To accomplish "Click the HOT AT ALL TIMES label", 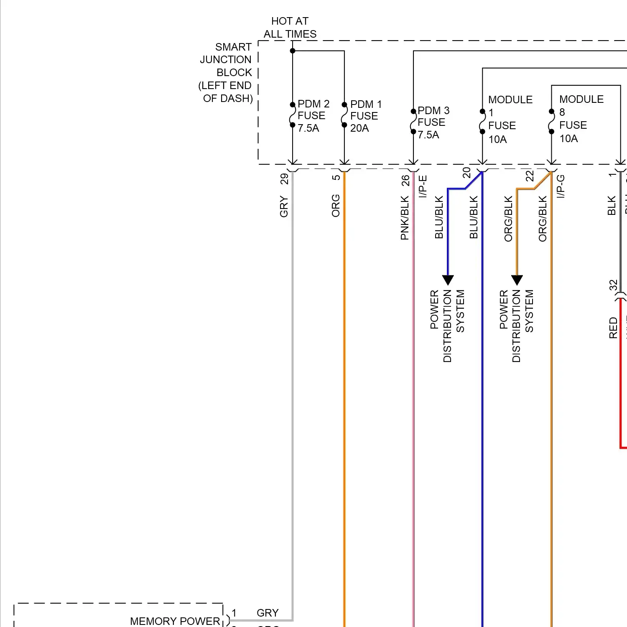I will [x=290, y=28].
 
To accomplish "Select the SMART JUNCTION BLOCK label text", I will [x=226, y=72].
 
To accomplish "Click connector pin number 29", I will [x=284, y=179].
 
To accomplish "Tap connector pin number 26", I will [x=405, y=180].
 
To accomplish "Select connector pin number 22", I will [x=530, y=176].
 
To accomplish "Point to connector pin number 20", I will [x=466, y=173].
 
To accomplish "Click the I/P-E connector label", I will [x=423, y=186].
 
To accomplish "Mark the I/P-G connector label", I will [x=561, y=186].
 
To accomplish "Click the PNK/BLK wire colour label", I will [x=405, y=218].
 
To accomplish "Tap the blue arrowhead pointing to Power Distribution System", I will [x=448, y=280].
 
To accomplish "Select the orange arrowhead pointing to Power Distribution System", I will [x=517, y=280].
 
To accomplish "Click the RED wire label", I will [x=613, y=328].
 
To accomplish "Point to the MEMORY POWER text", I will [x=175, y=621].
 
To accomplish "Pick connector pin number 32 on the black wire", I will [x=613, y=285].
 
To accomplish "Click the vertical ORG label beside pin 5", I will [x=336, y=206].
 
